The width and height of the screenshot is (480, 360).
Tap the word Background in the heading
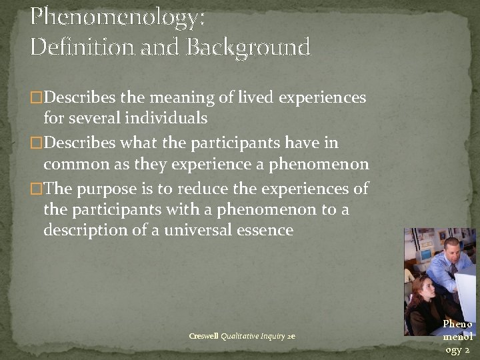pyautogui.click(x=249, y=47)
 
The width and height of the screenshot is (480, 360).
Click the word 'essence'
pyautogui.click(x=267, y=231)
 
